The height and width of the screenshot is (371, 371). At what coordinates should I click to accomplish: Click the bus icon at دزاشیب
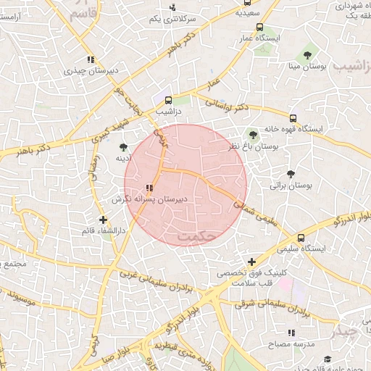click(168, 101)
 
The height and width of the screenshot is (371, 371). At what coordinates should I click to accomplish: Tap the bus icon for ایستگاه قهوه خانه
click(293, 118)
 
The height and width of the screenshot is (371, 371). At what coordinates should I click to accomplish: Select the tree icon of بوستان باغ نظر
click(253, 134)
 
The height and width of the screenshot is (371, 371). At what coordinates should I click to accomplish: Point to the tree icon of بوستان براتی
click(291, 174)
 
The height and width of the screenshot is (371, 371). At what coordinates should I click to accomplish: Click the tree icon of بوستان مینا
click(308, 54)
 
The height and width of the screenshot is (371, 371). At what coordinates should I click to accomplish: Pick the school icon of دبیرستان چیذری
click(90, 59)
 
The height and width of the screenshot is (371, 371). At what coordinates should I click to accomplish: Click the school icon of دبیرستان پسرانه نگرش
click(149, 188)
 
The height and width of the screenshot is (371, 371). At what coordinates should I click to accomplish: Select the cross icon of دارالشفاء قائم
click(103, 219)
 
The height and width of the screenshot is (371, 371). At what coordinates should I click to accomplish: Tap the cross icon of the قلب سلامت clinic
click(251, 262)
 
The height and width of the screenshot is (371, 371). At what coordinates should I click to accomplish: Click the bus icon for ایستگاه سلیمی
click(300, 237)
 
